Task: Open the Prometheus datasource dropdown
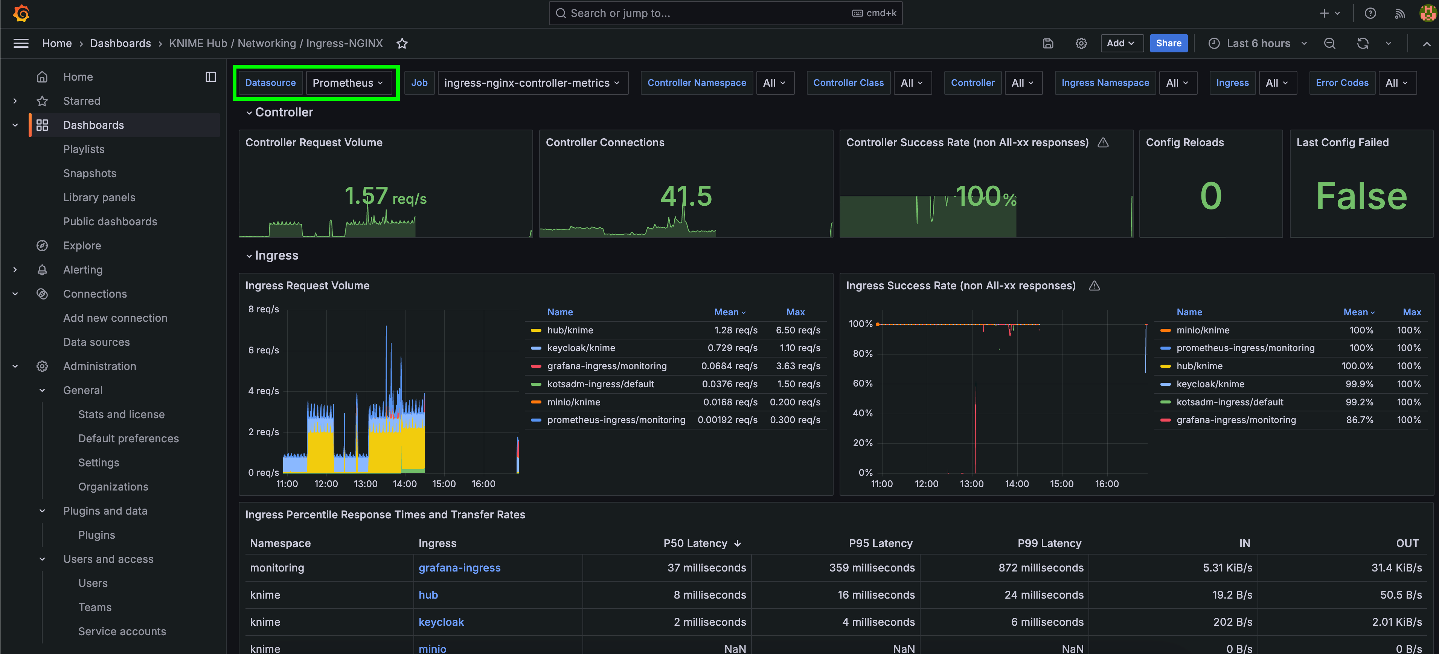348,83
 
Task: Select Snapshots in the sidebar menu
89,173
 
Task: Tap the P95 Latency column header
880,543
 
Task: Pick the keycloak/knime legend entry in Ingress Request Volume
581,348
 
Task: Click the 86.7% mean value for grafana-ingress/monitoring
1359,420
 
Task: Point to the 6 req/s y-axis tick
264,350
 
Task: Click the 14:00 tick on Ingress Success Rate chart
1016,483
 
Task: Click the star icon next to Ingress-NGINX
402,44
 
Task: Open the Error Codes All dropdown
1396,83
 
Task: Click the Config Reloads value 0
1210,196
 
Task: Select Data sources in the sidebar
96,342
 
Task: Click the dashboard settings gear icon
1081,43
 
